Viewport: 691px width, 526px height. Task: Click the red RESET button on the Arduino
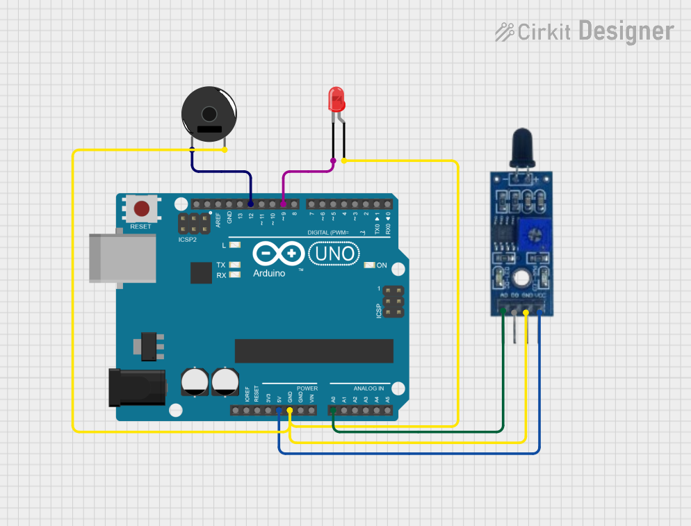coord(141,208)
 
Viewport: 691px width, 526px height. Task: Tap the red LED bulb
coord(336,99)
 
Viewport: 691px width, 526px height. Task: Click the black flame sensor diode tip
coord(521,145)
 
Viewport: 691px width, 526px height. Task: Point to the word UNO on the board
coord(334,254)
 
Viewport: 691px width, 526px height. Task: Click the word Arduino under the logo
coord(269,273)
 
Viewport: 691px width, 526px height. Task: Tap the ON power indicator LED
coord(368,265)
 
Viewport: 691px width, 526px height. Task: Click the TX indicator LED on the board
coord(234,265)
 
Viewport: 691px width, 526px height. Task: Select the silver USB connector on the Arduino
coord(122,258)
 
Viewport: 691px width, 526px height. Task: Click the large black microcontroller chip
coord(314,351)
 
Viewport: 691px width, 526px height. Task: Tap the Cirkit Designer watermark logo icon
coord(505,31)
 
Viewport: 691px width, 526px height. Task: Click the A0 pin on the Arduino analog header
coord(334,411)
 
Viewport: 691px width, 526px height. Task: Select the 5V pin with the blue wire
coord(279,411)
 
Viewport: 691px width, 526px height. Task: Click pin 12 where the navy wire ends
coord(250,204)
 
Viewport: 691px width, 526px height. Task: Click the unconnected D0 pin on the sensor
coord(514,312)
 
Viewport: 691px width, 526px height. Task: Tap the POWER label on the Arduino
coord(307,388)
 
